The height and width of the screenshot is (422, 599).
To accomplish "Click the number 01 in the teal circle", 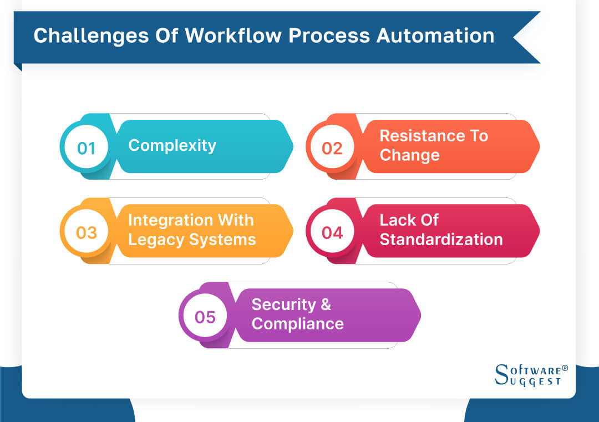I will coord(86,148).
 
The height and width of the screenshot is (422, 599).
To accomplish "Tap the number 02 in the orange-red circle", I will coord(332,148).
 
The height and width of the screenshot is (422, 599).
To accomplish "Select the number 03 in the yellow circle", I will coord(86,232).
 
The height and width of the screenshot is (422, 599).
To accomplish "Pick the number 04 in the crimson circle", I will coord(332,232).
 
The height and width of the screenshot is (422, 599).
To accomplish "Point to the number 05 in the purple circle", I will coord(205,317).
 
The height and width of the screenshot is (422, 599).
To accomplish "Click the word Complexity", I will coord(172,146).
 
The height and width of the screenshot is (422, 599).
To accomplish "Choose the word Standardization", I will coord(441,240).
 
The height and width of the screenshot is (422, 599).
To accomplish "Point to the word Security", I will coord(283,304).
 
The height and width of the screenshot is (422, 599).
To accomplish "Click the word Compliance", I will coord(297,324).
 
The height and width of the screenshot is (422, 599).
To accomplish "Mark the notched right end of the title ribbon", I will coord(527,37).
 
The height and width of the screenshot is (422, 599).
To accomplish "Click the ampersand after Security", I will coord(326,304).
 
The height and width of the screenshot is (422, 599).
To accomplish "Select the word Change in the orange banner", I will coord(409,155).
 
